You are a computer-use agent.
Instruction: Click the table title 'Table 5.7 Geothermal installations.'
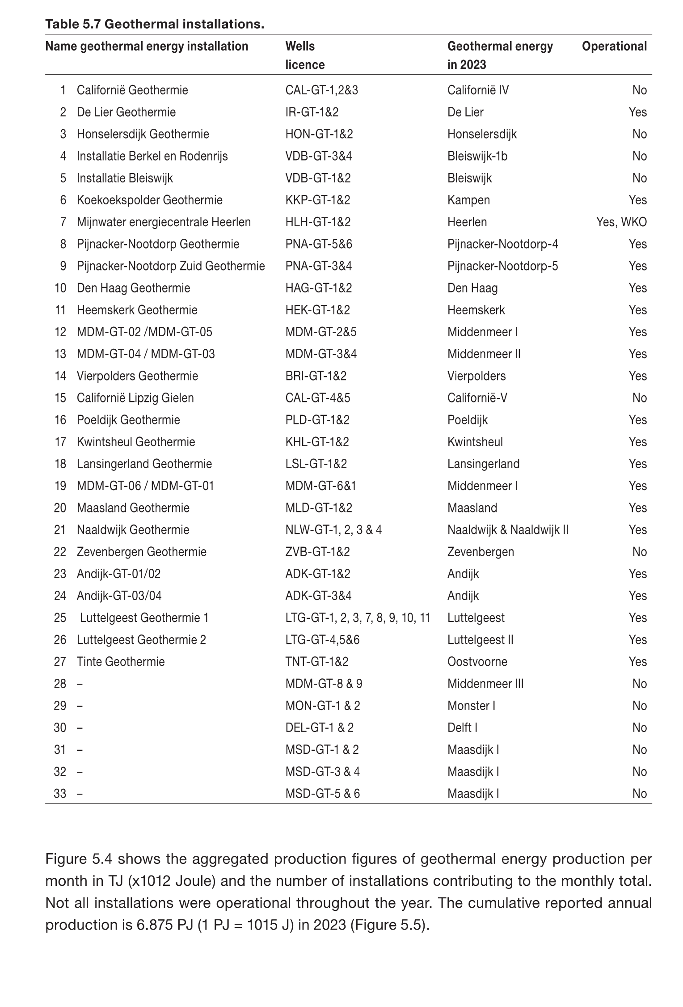155,24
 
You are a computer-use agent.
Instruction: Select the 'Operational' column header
614,47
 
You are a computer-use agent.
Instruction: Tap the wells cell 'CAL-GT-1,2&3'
321,90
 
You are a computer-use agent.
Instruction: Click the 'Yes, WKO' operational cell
621,222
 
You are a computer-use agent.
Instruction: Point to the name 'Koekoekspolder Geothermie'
149,200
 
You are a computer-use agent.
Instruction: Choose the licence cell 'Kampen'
468,200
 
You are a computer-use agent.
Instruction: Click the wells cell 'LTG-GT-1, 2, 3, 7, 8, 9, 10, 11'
358,618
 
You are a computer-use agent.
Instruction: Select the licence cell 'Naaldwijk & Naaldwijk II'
508,530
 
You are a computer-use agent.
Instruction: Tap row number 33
60,794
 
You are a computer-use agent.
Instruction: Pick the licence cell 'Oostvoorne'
477,662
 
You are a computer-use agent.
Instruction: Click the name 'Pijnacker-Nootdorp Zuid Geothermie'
171,266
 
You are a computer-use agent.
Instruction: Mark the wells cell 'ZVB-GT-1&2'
317,552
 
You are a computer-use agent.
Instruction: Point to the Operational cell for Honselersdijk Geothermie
639,134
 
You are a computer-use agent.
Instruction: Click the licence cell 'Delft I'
462,728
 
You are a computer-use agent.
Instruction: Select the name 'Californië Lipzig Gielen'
135,398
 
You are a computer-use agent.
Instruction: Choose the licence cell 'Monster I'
471,706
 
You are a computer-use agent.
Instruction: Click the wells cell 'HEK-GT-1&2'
317,310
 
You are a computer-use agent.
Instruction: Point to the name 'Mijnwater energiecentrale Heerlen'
164,222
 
